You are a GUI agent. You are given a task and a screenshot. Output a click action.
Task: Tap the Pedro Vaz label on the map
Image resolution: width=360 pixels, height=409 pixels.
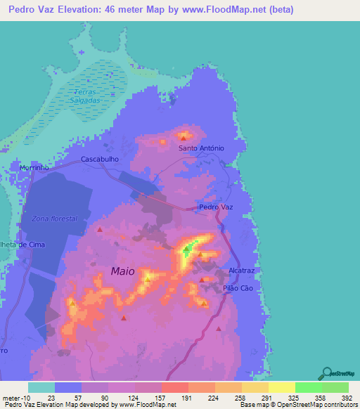[x=215, y=207]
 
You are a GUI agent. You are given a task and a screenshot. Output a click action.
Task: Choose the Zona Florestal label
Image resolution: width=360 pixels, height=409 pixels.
[x=53, y=219]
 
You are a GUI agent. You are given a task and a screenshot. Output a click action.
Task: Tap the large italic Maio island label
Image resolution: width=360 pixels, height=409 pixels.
[x=122, y=271]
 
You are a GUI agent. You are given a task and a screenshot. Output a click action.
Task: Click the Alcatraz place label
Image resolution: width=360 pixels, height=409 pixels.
[x=242, y=270]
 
